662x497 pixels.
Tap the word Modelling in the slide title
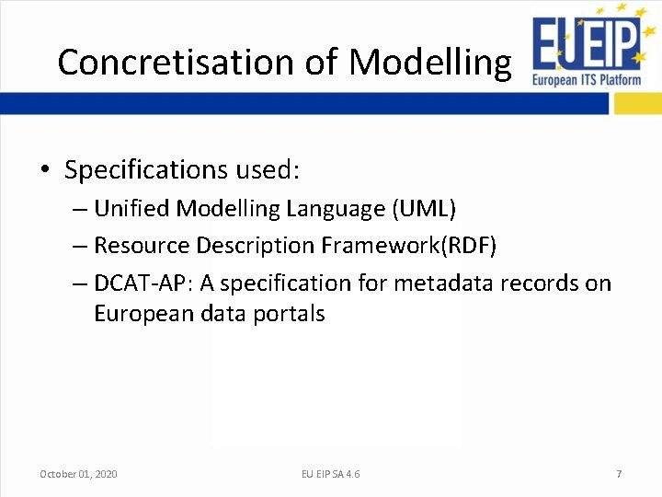[429, 62]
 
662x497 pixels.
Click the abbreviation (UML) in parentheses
[424, 209]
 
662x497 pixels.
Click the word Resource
[138, 246]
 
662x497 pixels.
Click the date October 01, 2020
[78, 474]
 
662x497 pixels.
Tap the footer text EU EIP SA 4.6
[331, 474]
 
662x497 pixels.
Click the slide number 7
[619, 474]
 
